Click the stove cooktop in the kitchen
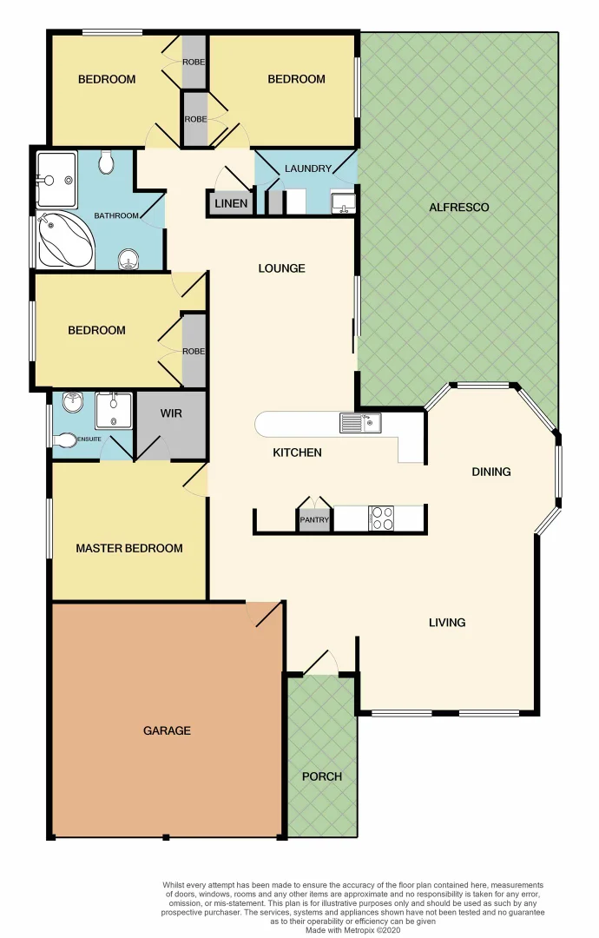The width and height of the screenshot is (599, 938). (382, 519)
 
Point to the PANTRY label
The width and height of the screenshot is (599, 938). (313, 520)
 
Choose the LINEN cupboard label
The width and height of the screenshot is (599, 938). (230, 205)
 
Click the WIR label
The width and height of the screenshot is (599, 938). (171, 413)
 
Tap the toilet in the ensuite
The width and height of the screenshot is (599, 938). (64, 440)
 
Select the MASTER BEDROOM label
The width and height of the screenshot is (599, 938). (129, 548)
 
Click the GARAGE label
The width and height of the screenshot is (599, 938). (167, 730)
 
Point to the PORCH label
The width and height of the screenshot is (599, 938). (321, 776)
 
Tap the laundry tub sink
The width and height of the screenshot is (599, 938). (343, 203)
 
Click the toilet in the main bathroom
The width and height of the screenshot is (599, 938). (105, 162)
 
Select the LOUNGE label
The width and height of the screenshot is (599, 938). (281, 268)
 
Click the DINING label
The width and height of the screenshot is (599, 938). (491, 472)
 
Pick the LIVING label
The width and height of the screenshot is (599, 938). (447, 622)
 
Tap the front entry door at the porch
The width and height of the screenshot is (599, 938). (321, 664)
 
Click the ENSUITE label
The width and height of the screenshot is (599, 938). (90, 439)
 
